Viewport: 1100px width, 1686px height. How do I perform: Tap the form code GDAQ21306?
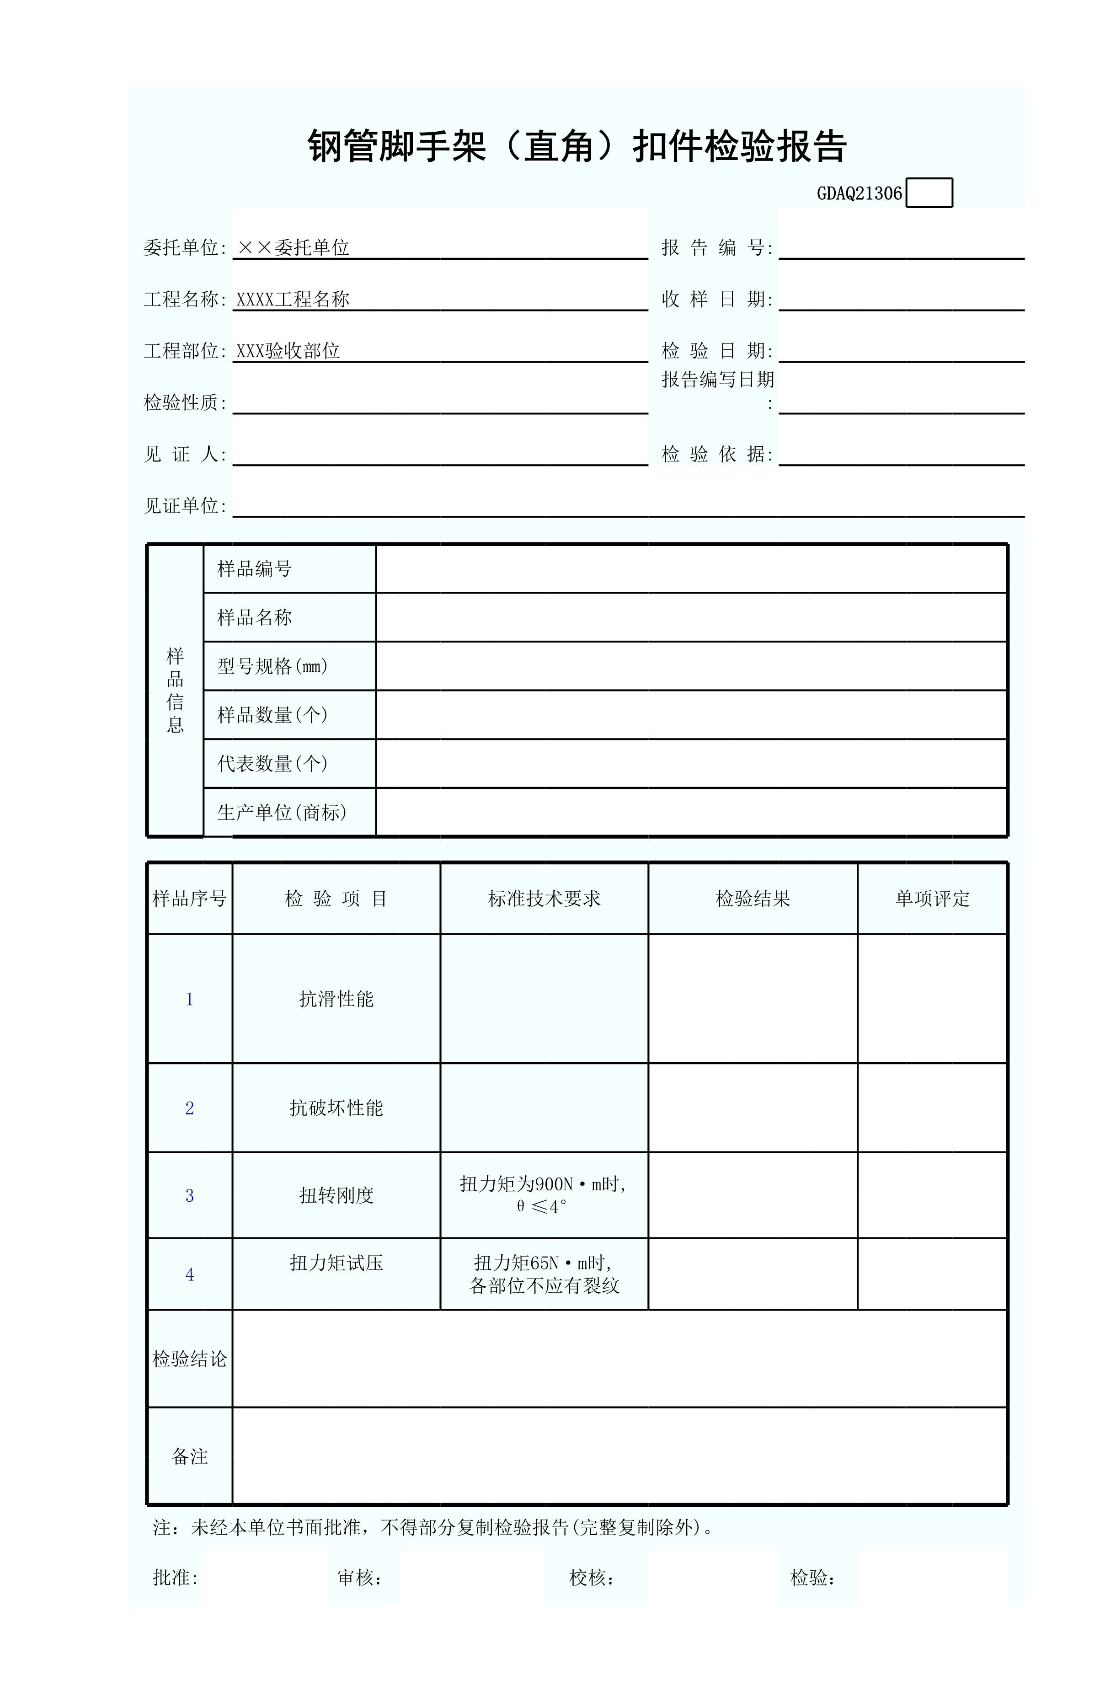click(x=859, y=193)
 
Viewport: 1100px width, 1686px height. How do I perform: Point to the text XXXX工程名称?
click(x=293, y=299)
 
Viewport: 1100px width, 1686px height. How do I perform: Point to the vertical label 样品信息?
click(x=175, y=690)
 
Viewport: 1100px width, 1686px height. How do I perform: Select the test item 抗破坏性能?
click(x=336, y=1108)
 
